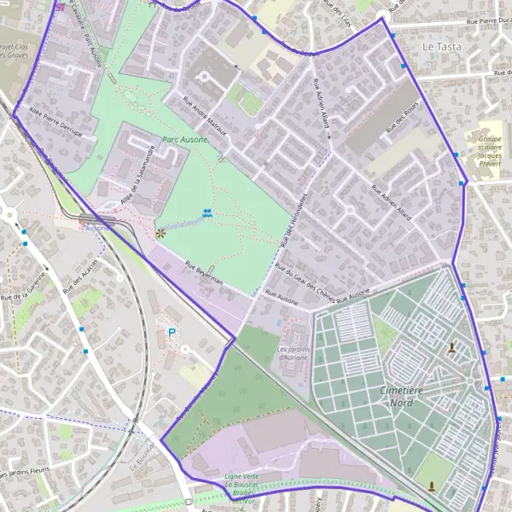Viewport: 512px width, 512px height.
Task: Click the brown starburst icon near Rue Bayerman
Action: (x=160, y=231)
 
